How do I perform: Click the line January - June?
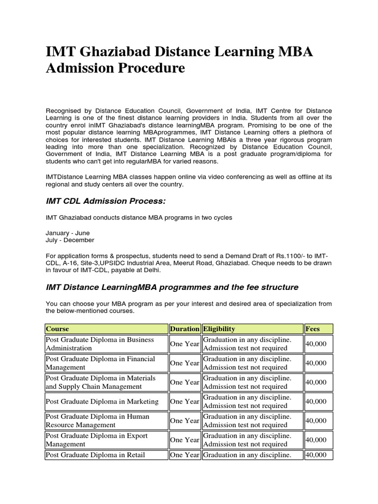pos(67,233)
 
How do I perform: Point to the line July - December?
pos(69,240)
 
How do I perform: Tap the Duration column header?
pos(185,329)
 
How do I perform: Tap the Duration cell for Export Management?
pos(185,440)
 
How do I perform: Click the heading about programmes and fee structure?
pos(172,287)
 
